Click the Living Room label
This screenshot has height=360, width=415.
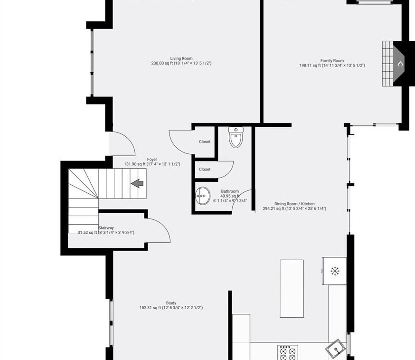pyautogui.click(x=181, y=58)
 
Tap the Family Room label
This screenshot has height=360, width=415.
pyautogui.click(x=332, y=61)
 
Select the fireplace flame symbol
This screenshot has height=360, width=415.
pyautogui.click(x=400, y=64)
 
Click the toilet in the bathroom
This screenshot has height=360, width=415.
pyautogui.click(x=236, y=137)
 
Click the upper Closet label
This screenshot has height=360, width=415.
pyautogui.click(x=205, y=142)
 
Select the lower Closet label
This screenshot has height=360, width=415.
pyautogui.click(x=205, y=169)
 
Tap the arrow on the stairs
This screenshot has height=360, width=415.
pyautogui.click(x=138, y=183)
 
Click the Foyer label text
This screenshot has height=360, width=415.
pyautogui.click(x=152, y=160)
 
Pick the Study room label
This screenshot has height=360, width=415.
pyautogui.click(x=171, y=303)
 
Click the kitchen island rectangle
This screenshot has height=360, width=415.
pyautogui.click(x=292, y=288)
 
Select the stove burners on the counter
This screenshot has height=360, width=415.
pyautogui.click(x=287, y=352)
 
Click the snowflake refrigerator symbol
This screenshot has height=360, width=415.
pyautogui.click(x=335, y=271)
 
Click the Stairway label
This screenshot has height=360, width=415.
pyautogui.click(x=106, y=228)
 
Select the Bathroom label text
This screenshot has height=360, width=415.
pyautogui.click(x=230, y=191)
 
